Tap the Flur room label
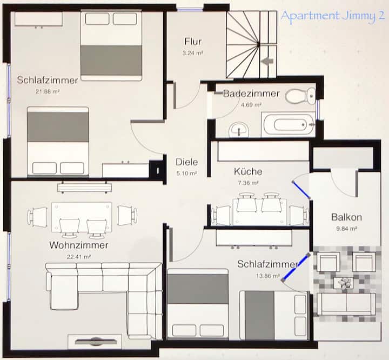pos(193,42)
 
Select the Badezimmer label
pos(251,94)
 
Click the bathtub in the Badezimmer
pos(289,125)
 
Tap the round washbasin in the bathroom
pos(239,130)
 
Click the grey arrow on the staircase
pos(267,61)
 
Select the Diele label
pos(186,162)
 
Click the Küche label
pos(248,171)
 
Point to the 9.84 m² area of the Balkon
pos(346,229)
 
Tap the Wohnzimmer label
pos(79,245)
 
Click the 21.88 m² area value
pos(48,91)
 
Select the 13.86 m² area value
pos(268,276)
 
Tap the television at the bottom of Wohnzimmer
pos(95,342)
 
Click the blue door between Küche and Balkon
pos(301,190)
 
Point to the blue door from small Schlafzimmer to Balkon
pos(296,267)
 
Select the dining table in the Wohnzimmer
pos(82,217)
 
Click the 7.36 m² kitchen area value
pos(248,183)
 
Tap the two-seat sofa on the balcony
pos(346,304)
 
